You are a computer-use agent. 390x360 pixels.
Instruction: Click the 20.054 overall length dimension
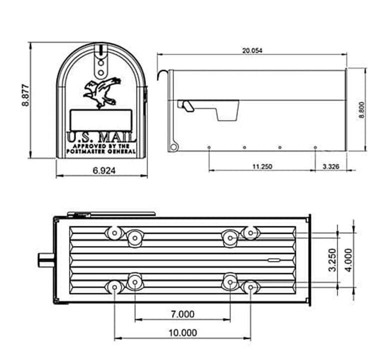point(252,50)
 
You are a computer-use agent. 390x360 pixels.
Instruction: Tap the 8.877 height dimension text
point(25,95)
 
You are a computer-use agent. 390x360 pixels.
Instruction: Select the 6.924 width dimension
point(104,170)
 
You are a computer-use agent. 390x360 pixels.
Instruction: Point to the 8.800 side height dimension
point(361,110)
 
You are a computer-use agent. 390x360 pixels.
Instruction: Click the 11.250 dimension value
point(262,166)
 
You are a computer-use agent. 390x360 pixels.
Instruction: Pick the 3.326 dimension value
point(331,166)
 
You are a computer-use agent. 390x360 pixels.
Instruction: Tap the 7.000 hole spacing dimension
point(183,314)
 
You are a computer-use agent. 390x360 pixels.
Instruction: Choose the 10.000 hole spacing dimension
point(183,332)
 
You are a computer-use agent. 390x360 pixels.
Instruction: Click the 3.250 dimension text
point(332,259)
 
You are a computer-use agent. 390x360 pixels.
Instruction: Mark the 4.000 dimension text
point(348,260)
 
